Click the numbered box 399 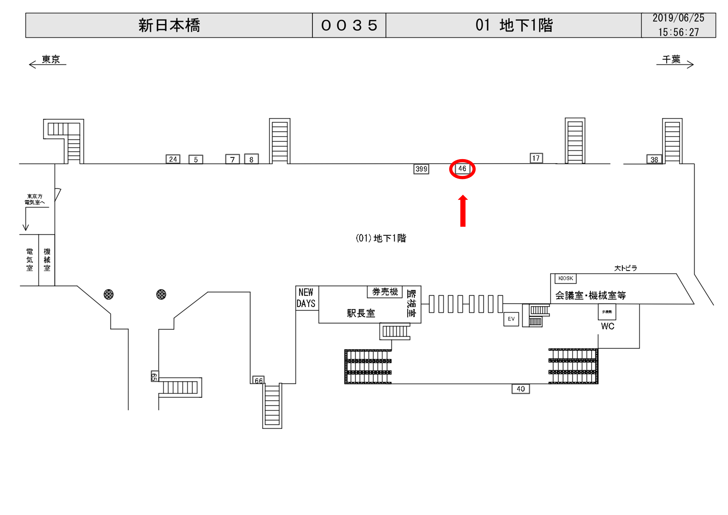[x=421, y=169]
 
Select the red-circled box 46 [x=462, y=169]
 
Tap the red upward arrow [x=463, y=211]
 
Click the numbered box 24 [x=173, y=159]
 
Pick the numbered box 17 [x=536, y=158]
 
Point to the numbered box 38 [x=654, y=159]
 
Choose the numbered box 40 [x=521, y=389]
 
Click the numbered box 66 [x=258, y=380]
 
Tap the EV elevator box [x=511, y=319]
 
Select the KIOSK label [x=566, y=278]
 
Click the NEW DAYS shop [x=306, y=298]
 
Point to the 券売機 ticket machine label [x=385, y=292]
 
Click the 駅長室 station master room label [x=361, y=313]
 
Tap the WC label [x=608, y=326]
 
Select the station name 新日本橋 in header [x=169, y=25]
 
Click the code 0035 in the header [x=349, y=25]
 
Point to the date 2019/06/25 [x=678, y=18]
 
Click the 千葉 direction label [x=671, y=59]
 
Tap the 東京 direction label [x=51, y=59]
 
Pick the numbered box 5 [x=196, y=159]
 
